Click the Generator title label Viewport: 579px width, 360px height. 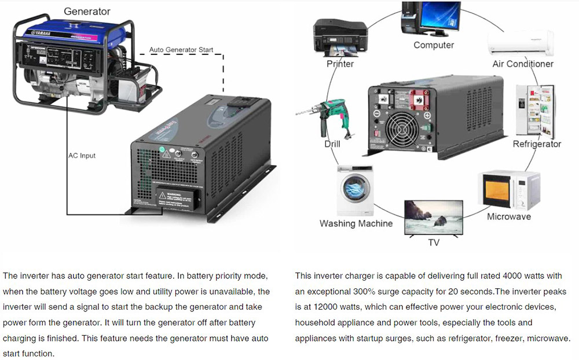click(87, 12)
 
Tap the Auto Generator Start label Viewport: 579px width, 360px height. click(181, 50)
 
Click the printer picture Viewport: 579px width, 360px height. click(340, 37)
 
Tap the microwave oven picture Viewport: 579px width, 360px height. click(510, 190)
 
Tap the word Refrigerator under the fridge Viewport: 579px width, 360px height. click(537, 144)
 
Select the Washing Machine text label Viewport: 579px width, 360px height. click(356, 223)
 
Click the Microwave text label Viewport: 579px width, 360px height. click(509, 217)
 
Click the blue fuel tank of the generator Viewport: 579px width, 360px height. click(68, 32)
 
